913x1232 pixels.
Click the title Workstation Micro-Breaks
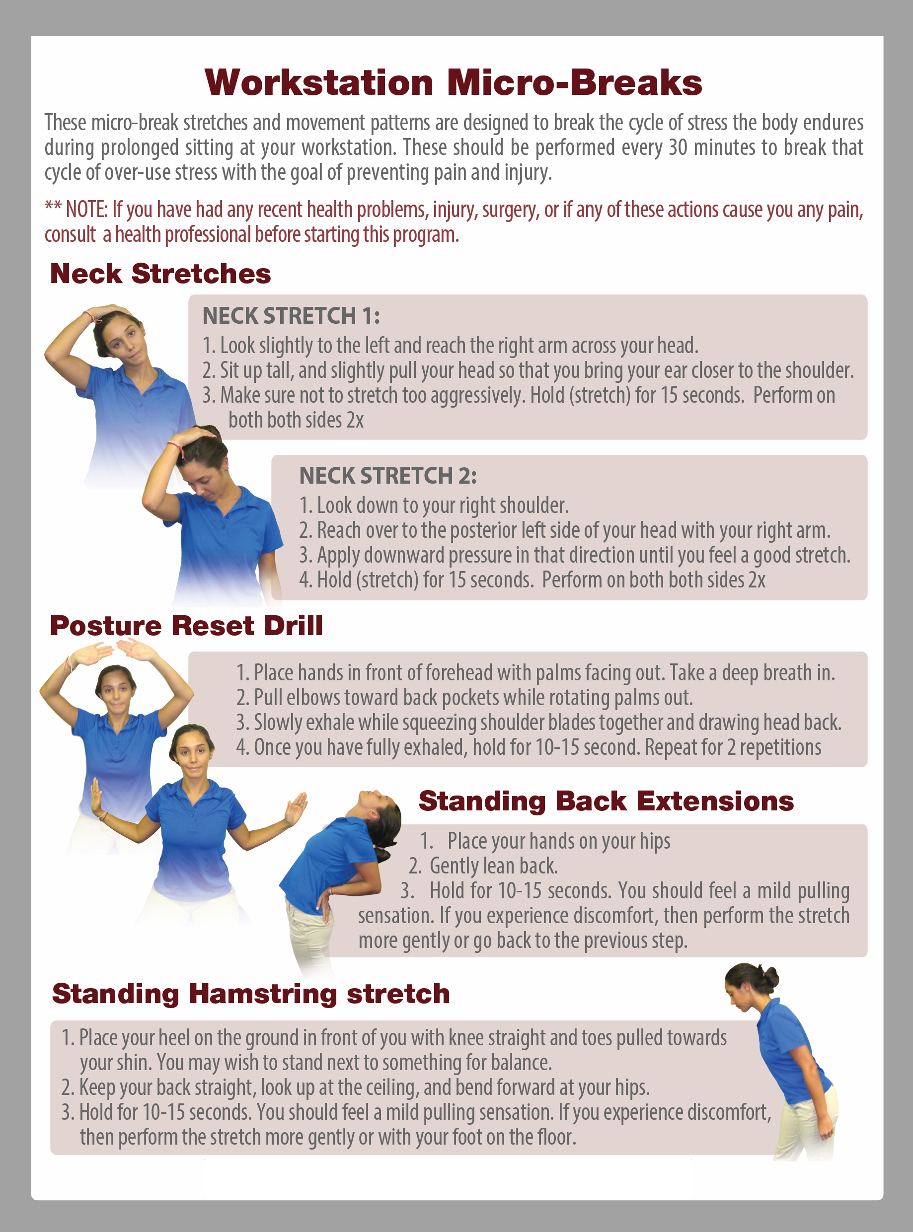[x=453, y=83]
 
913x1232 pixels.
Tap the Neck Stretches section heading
[x=160, y=274]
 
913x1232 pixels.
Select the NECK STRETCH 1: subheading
[x=291, y=315]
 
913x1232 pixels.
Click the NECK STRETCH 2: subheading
[x=388, y=475]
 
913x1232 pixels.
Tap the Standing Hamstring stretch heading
[x=251, y=993]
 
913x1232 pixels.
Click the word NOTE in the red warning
[x=86, y=210]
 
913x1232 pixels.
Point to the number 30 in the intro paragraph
[x=678, y=147]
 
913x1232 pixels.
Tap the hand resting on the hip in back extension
[x=326, y=905]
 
